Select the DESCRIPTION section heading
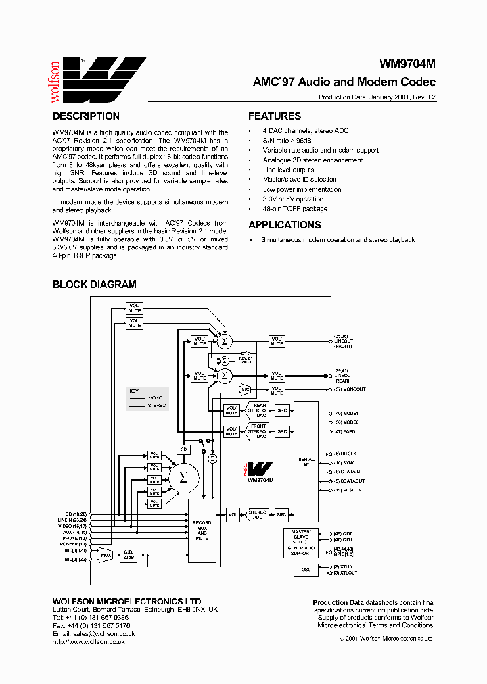[86, 116]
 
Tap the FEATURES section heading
[275, 116]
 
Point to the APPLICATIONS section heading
[284, 225]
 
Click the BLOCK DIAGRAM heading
[95, 285]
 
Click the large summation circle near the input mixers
[182, 478]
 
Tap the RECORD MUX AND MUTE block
[202, 531]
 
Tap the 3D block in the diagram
[183, 449]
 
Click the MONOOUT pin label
[350, 389]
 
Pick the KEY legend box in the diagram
[146, 399]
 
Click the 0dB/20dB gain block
[129, 555]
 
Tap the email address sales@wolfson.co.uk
[104, 634]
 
